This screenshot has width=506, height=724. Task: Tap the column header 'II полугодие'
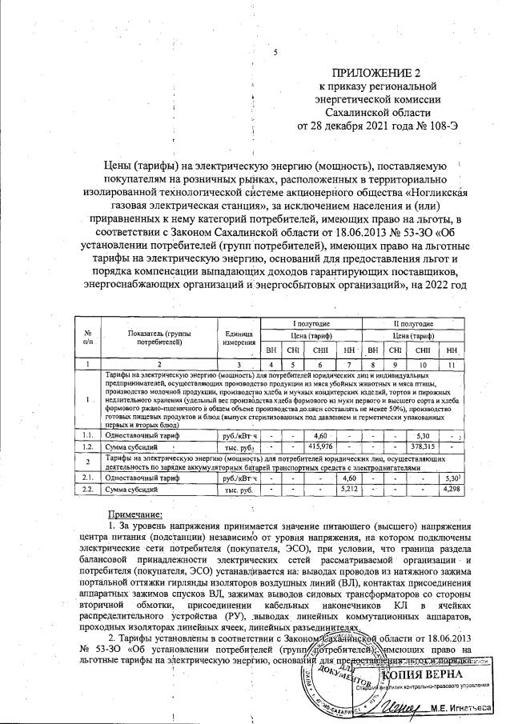(x=412, y=322)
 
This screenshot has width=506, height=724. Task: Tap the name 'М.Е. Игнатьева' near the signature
(x=467, y=706)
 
